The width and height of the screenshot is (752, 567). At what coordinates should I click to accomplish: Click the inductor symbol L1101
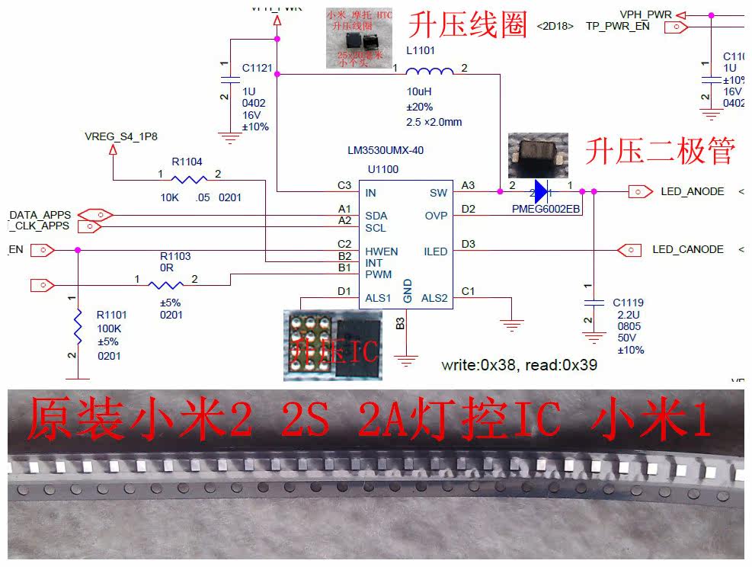point(430,72)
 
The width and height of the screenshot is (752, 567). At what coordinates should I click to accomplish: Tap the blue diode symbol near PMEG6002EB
point(541,191)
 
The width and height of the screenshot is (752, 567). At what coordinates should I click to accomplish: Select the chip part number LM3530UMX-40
point(386,150)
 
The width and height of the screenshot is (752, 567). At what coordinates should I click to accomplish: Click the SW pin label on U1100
point(438,194)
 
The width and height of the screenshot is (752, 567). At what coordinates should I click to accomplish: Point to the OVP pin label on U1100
point(436,216)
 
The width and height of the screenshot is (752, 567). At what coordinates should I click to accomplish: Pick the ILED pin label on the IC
point(435,251)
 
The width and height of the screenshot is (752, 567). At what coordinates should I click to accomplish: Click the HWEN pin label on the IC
point(381,251)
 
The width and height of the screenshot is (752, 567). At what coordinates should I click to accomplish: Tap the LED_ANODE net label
point(692,191)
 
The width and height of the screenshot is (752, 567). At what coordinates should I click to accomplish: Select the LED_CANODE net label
point(687,249)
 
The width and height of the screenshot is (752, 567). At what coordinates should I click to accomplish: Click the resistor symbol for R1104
point(189,180)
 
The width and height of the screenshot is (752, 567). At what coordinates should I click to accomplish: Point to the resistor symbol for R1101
point(78,325)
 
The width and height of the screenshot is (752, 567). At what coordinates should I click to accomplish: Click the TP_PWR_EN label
point(617,26)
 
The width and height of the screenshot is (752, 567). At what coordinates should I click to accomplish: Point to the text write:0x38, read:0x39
point(519,365)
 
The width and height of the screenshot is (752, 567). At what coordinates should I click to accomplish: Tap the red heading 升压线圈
point(468,25)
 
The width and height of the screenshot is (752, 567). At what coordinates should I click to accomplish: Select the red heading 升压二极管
point(659,152)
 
